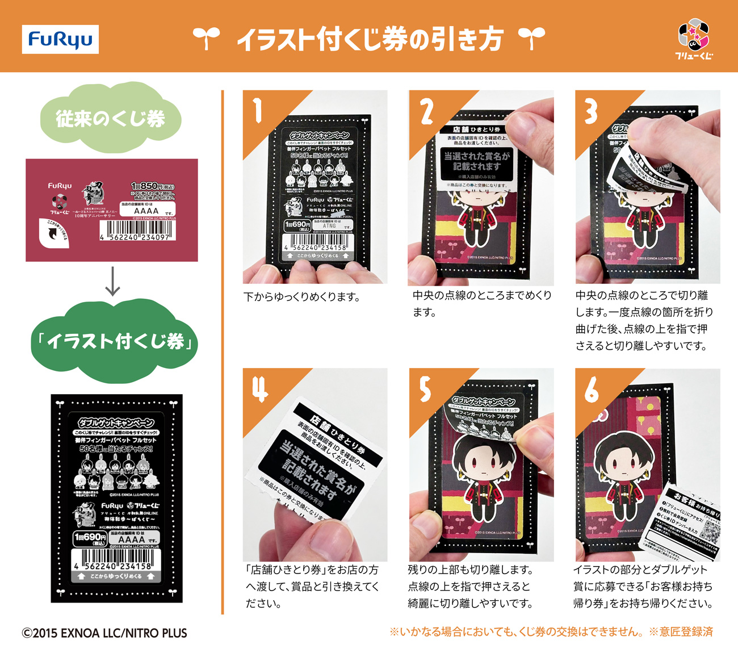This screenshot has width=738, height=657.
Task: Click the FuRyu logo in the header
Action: (x=60, y=39)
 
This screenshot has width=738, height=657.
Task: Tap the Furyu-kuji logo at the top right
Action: (x=694, y=38)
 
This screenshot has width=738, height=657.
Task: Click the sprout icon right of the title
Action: (x=531, y=39)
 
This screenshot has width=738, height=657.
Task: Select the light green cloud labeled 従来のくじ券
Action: (x=111, y=118)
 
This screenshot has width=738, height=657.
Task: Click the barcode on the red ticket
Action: (x=137, y=231)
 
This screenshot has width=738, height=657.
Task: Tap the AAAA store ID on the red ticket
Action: (x=146, y=211)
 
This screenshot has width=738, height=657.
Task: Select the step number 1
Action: (x=258, y=111)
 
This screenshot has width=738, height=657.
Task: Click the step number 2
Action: (x=426, y=112)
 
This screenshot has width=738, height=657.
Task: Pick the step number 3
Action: (x=591, y=112)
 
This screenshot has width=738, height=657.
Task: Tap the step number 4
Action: (x=260, y=390)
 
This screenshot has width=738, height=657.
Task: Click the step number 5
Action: (x=425, y=390)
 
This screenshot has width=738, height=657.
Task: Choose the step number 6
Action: (x=592, y=390)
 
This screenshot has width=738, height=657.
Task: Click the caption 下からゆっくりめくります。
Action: (x=301, y=297)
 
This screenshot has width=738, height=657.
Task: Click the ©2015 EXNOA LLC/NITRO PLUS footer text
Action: (x=104, y=633)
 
